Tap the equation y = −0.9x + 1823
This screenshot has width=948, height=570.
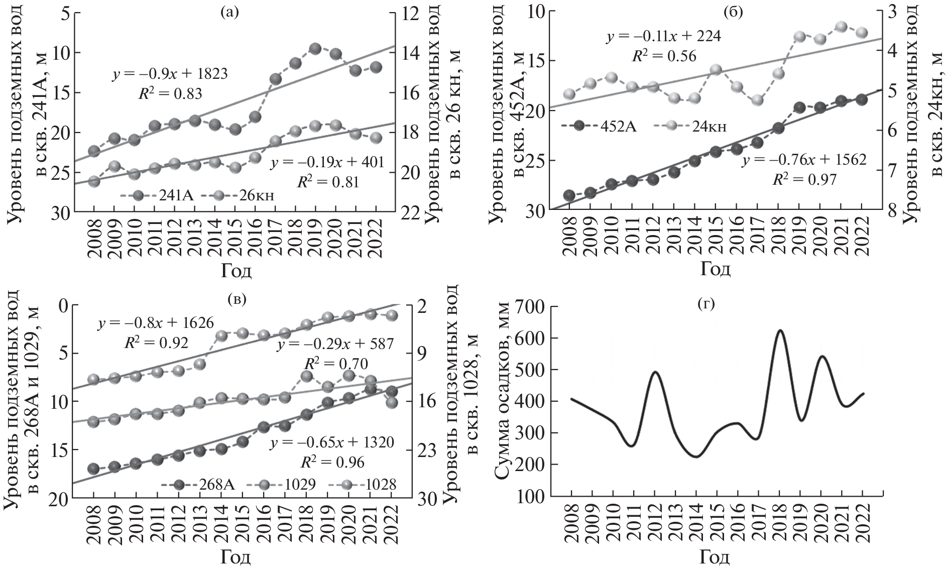[169, 74]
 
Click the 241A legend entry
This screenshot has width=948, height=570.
[154, 195]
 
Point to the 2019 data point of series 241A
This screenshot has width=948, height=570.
[315, 49]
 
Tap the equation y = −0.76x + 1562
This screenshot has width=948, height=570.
[804, 160]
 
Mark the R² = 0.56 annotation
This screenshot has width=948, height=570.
[664, 56]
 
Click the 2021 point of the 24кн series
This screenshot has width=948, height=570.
[842, 27]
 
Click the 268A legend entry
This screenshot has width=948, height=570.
[198, 484]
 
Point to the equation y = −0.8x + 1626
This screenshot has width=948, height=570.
[156, 322]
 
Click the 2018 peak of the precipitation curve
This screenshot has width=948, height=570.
[780, 330]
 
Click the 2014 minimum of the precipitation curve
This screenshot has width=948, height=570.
[696, 457]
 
